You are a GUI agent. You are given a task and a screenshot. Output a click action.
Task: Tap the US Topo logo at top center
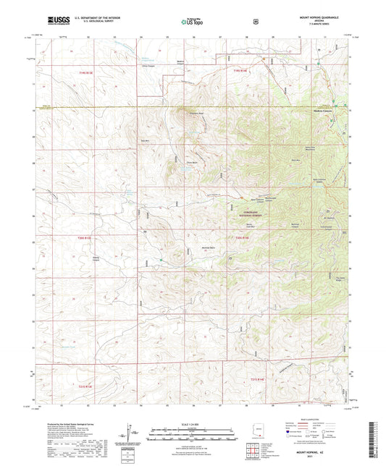pos(192,22)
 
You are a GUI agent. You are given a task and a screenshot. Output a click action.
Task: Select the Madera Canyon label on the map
pos(322,111)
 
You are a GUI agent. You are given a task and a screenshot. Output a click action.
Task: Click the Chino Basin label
pos(173,164)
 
